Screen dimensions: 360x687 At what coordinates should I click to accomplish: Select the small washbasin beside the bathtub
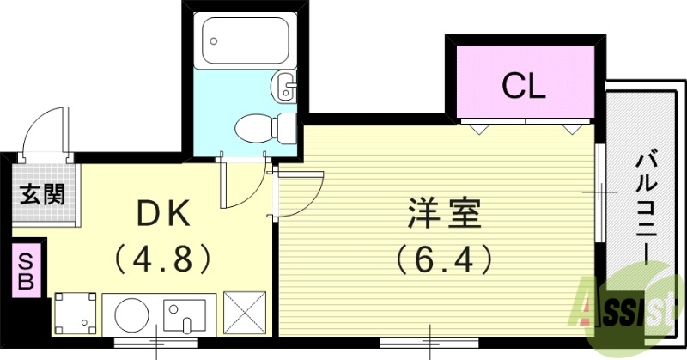pos(284,85)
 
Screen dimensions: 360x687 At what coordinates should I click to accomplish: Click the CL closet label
pos(523,85)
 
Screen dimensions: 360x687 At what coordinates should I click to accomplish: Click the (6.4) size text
pos(443,257)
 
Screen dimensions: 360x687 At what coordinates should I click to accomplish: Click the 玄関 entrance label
pos(42,195)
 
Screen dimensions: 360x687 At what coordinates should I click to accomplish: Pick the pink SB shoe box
pos(27,269)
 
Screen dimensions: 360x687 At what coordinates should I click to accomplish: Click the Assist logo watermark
pos(631,305)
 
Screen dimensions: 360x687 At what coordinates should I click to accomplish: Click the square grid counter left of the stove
pos(76,314)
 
